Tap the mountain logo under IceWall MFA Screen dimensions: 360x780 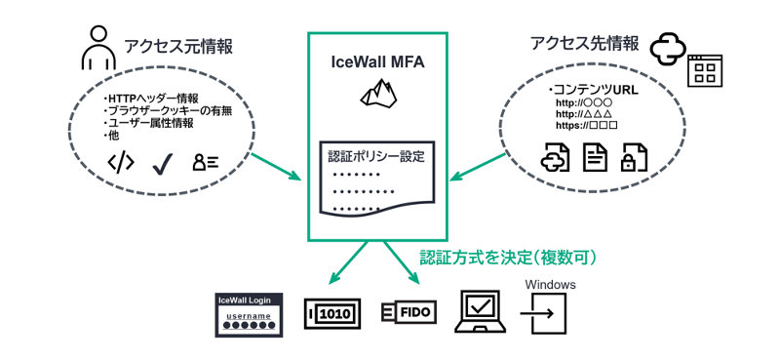(377, 92)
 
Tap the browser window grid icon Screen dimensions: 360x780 (709, 70)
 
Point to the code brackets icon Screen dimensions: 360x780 (120, 163)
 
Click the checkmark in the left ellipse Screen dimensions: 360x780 (162, 163)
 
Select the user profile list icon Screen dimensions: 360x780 (205, 163)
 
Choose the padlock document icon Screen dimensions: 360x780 (635, 157)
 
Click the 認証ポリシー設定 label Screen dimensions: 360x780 (377, 155)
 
